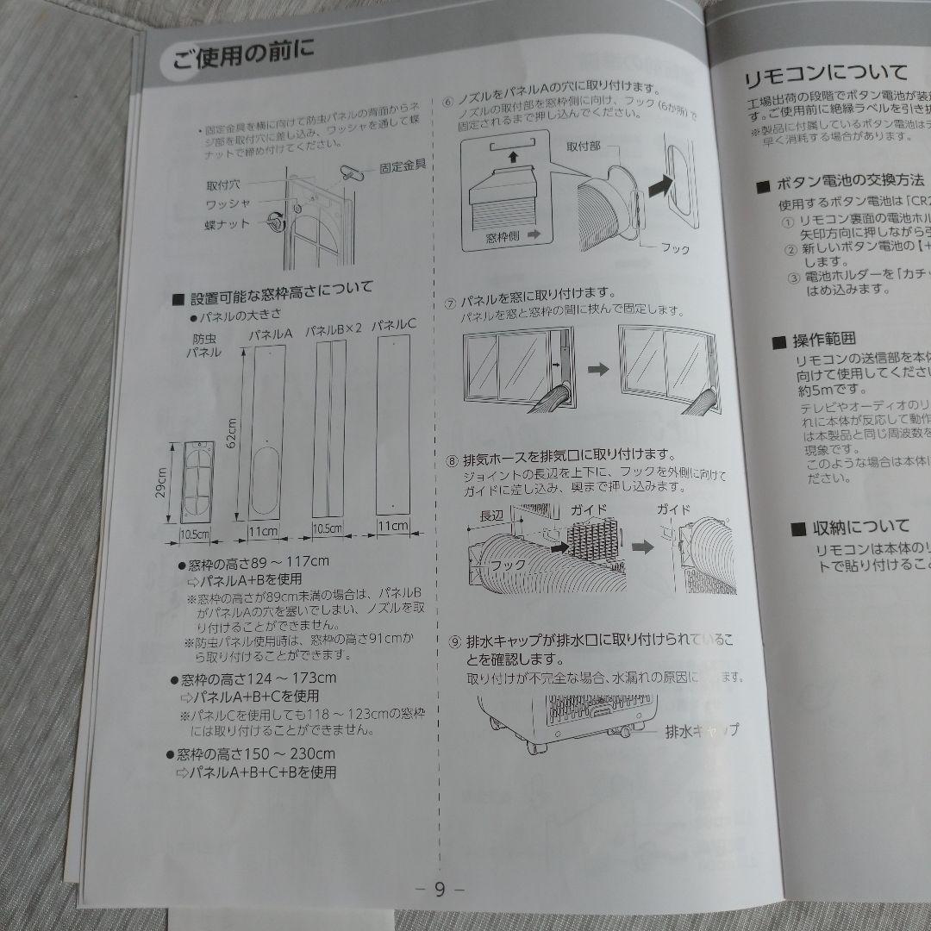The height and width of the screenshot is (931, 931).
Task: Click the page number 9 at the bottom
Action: tap(439, 889)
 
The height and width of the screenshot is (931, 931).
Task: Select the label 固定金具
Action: tap(403, 166)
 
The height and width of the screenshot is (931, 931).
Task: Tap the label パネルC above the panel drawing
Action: tap(395, 324)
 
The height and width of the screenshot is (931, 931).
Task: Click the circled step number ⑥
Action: tap(447, 100)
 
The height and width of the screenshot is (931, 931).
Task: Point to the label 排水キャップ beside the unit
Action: tap(700, 731)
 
